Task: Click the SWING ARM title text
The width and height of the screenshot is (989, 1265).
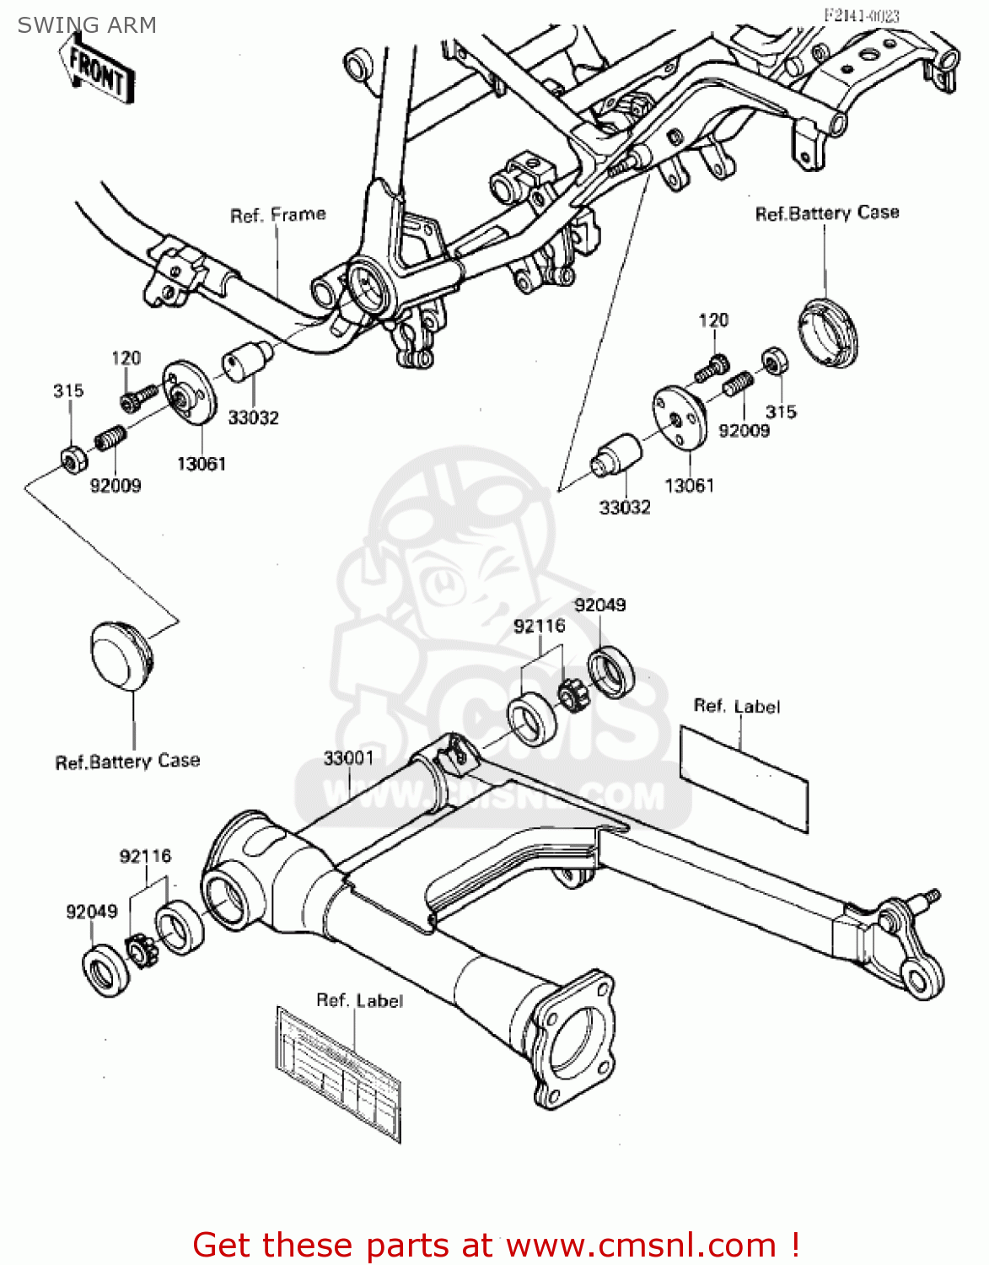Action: pos(87,25)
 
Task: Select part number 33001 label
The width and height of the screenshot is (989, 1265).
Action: pos(348,758)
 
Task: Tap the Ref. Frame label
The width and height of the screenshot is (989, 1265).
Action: pos(277,215)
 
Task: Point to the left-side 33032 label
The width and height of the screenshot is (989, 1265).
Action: pos(253,417)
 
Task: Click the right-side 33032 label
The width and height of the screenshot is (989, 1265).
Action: pos(625,507)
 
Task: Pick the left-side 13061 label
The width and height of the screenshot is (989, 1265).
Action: pos(202,463)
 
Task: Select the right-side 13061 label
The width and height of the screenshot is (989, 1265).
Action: pos(689,485)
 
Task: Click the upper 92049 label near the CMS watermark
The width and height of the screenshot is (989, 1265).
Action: pos(599,605)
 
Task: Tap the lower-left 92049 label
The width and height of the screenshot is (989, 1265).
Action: pos(92,912)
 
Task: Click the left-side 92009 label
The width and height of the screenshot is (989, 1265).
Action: pos(116,485)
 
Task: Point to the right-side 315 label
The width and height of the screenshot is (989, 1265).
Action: pos(781,412)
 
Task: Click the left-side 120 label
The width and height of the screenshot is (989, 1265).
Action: pos(126,358)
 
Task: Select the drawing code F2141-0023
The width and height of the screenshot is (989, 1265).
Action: pos(861,15)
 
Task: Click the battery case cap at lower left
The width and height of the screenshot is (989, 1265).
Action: pos(121,657)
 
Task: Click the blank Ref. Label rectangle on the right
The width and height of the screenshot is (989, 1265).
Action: pos(743,777)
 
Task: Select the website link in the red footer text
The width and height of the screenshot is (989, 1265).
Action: pos(641,1245)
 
